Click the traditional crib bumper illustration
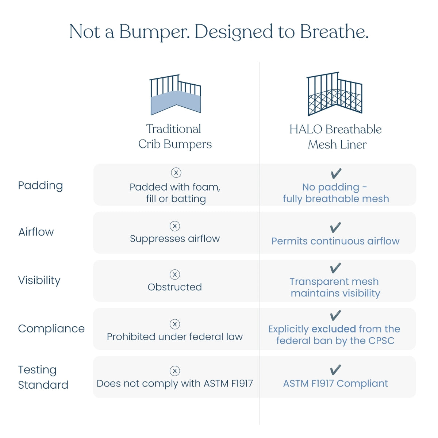(x=176, y=95)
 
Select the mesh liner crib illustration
(x=335, y=94)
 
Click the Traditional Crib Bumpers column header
(x=175, y=137)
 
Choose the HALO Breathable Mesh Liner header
(x=335, y=137)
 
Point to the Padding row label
(x=41, y=185)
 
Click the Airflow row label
(x=36, y=232)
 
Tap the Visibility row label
(x=39, y=280)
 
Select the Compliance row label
(x=51, y=328)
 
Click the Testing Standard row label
(x=43, y=377)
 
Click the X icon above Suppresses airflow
(x=175, y=226)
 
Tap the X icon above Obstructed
(x=175, y=274)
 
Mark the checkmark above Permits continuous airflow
(x=335, y=228)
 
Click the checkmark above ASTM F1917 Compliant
(x=335, y=370)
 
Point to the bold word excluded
(x=334, y=329)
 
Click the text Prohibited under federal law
(x=175, y=337)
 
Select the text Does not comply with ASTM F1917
(x=175, y=384)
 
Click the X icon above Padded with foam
(x=176, y=173)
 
